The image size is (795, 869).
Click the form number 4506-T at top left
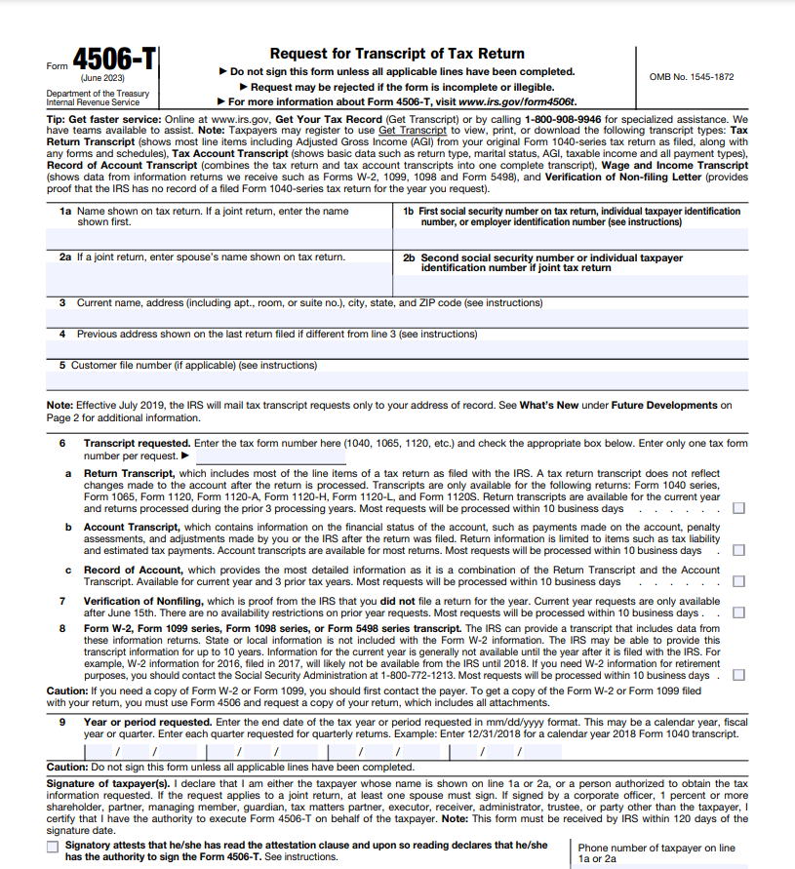pos(114,60)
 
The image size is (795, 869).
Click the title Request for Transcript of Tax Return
pos(397,54)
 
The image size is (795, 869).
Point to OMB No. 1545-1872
pos(691,76)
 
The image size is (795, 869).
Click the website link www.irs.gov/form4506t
pos(517,101)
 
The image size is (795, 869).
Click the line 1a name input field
pos(219,239)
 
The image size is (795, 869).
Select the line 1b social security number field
pos(570,239)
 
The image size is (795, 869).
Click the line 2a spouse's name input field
pos(219,279)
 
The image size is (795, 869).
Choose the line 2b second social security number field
pos(570,284)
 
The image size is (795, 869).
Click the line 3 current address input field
pos(397,318)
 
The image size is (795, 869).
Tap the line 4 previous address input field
pos(397,349)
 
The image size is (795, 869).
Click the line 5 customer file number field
pos(397,380)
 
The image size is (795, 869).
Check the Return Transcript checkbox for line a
pos(738,508)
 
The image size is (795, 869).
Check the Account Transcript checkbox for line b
pos(738,550)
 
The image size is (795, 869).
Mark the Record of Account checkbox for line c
pos(738,581)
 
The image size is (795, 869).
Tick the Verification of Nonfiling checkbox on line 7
pos(738,612)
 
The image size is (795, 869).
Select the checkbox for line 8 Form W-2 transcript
pos(738,675)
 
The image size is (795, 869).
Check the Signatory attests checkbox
pos(53,847)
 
